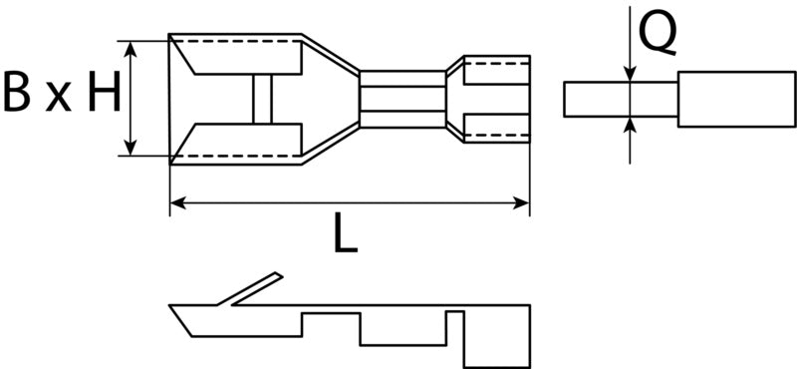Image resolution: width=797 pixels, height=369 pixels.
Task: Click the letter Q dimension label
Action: pyautogui.click(x=658, y=33)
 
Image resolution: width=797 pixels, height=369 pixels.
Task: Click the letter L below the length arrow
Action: pyautogui.click(x=346, y=233)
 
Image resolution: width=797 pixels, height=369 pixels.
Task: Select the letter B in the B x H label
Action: pyautogui.click(x=16, y=92)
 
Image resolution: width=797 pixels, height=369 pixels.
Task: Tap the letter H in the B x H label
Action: pyautogui.click(x=105, y=92)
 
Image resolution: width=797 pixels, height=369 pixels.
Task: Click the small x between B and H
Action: pyautogui.click(x=59, y=98)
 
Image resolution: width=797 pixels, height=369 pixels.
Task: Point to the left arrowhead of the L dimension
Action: pyautogui.click(x=177, y=203)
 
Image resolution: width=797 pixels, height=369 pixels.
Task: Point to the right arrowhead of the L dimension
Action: pyautogui.click(x=522, y=203)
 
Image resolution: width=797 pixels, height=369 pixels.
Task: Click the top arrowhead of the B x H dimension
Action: pyautogui.click(x=131, y=49)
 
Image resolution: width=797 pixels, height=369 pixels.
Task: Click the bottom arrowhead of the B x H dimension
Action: pyautogui.click(x=131, y=148)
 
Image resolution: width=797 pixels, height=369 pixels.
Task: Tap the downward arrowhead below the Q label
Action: pyautogui.click(x=630, y=74)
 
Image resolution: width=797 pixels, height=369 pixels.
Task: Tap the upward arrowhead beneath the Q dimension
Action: pyautogui.click(x=630, y=125)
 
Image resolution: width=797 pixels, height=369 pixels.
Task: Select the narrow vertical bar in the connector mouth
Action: pyautogui.click(x=262, y=99)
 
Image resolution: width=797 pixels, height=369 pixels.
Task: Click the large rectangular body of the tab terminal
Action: pyautogui.click(x=736, y=100)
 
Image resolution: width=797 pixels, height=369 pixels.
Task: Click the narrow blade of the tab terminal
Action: pyautogui.click(x=621, y=100)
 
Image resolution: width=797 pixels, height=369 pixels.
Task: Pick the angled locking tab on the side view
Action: pyautogui.click(x=250, y=288)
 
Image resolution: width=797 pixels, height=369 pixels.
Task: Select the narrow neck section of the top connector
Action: pyautogui.click(x=402, y=99)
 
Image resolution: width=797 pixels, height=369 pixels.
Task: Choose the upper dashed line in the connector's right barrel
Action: pyautogui.click(x=497, y=64)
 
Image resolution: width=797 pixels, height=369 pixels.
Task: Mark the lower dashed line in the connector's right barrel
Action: pyautogui.click(x=497, y=135)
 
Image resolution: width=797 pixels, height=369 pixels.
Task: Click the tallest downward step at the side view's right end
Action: pyautogui.click(x=497, y=338)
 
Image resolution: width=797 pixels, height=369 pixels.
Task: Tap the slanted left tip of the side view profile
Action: pyautogui.click(x=181, y=321)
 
